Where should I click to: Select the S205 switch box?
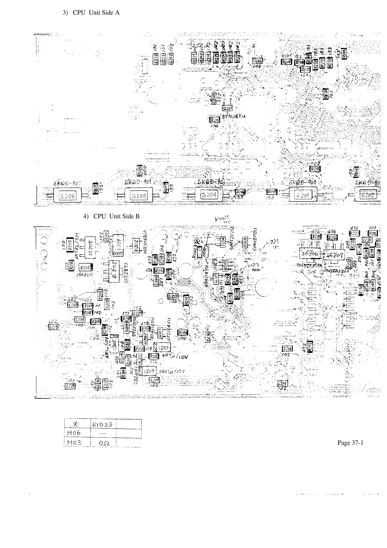(x=139, y=196)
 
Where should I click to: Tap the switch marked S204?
(x=210, y=195)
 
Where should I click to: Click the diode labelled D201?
(x=86, y=267)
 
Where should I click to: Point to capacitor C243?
(x=163, y=348)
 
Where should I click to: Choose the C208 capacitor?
(x=148, y=371)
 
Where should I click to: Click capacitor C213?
(x=53, y=327)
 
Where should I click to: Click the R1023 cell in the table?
(x=102, y=424)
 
